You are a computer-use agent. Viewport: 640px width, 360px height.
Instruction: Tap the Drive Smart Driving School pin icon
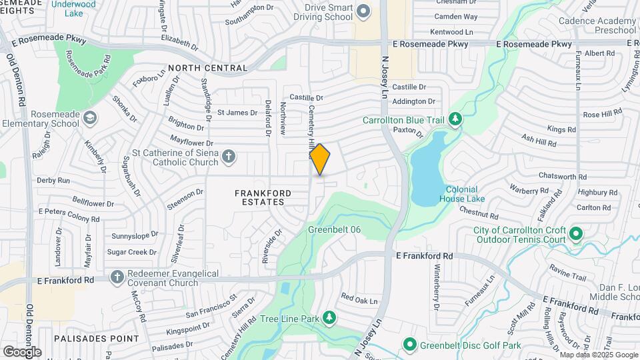(x=363, y=11)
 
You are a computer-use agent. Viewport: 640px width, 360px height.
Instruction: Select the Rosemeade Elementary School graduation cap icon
(x=90, y=118)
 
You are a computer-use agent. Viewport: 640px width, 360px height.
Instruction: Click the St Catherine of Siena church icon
(x=229, y=157)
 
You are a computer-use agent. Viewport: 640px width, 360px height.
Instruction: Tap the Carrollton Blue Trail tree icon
(x=456, y=119)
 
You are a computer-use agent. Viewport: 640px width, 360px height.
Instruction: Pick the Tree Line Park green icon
(x=329, y=317)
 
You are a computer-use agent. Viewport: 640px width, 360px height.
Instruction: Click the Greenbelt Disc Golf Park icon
(x=409, y=345)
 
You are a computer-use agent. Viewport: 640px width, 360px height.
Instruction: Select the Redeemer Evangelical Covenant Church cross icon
(x=117, y=276)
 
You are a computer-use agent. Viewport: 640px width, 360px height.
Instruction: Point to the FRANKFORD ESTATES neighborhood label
(x=263, y=197)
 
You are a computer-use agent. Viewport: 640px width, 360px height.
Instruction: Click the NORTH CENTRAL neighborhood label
(x=208, y=68)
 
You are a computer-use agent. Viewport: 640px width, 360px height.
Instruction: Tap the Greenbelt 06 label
(x=335, y=229)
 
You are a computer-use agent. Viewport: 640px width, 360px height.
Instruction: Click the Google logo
(x=22, y=351)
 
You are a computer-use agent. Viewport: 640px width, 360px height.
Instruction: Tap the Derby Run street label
(x=54, y=180)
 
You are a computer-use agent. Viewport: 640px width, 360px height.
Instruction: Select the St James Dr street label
(x=237, y=112)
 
